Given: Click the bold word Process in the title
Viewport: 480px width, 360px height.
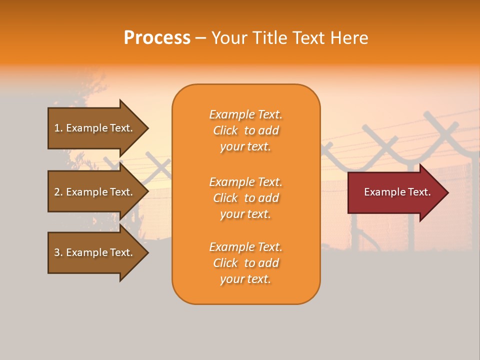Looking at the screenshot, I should tap(157, 38).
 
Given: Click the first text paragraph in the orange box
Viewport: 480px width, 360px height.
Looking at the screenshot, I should tap(245, 130).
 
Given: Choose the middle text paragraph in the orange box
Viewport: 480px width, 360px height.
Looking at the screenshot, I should tap(245, 198).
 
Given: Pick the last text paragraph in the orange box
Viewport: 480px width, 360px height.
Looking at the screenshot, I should tap(245, 263).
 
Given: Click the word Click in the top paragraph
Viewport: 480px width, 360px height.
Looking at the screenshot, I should tap(225, 130).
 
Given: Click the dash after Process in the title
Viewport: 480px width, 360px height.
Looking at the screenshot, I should tap(200, 38).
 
